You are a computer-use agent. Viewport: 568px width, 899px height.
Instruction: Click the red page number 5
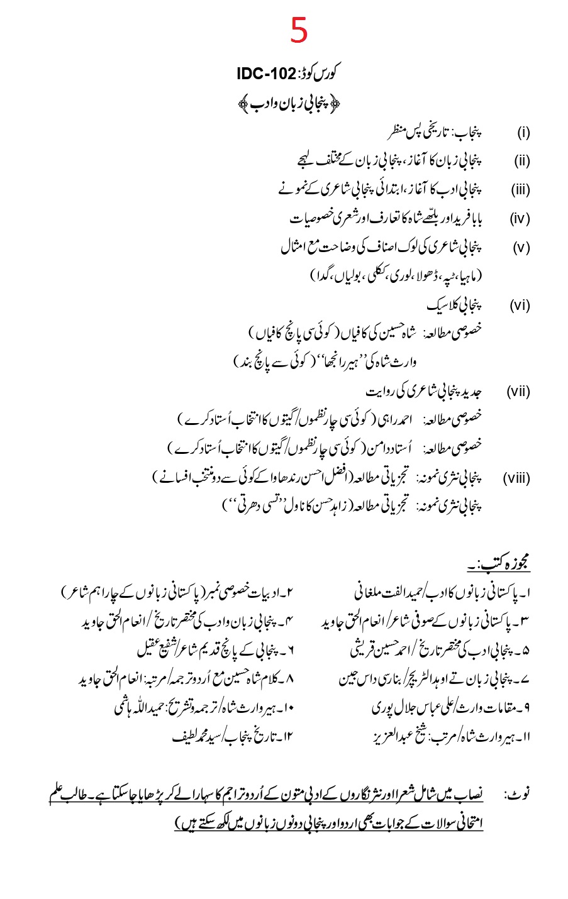pyautogui.click(x=299, y=30)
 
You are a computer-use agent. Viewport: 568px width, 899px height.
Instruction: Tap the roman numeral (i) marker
pyautogui.click(x=523, y=133)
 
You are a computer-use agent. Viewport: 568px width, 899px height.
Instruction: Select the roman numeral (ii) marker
pyautogui.click(x=522, y=161)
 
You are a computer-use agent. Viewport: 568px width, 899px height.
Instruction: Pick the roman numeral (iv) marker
pyautogui.click(x=520, y=219)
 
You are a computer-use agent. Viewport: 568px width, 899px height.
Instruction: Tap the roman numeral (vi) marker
pyautogui.click(x=520, y=306)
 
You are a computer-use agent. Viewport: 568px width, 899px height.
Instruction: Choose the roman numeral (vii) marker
pyautogui.click(x=519, y=392)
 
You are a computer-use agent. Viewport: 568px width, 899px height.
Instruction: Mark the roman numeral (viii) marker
pyautogui.click(x=517, y=478)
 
